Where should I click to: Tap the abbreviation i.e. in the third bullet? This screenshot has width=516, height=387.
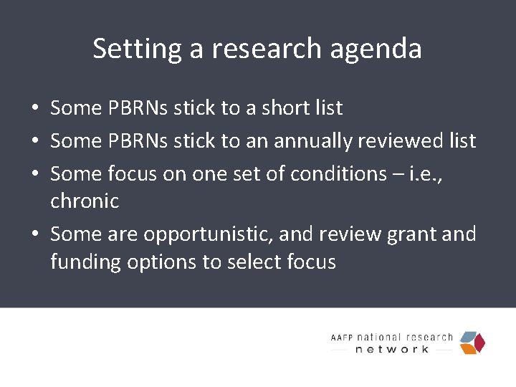point(420,174)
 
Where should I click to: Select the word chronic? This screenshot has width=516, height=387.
point(85,201)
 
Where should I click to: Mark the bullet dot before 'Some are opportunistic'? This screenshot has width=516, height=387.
point(34,235)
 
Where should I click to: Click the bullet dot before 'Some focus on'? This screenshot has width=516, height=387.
point(34,175)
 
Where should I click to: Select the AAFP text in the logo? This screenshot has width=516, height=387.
point(343,337)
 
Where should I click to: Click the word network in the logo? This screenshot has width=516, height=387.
point(392,349)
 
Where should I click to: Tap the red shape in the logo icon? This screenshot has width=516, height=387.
point(479,343)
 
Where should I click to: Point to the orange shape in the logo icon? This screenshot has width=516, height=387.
point(468,349)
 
